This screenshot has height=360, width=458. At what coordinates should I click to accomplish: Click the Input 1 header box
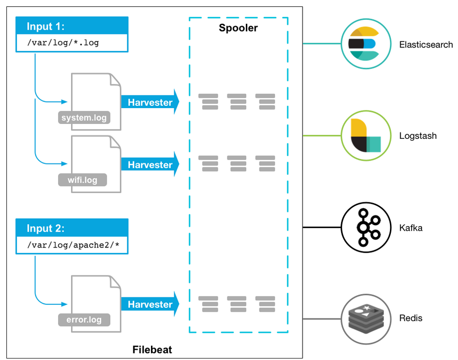tap(72, 26)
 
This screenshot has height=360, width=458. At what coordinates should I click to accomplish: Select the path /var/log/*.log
tap(63, 42)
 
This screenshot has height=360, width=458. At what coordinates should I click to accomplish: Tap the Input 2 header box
tap(72, 228)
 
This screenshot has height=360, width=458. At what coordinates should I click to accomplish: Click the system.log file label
tap(83, 118)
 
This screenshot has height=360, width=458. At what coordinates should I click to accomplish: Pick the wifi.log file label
tap(82, 180)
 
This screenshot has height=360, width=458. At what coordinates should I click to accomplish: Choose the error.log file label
tap(84, 320)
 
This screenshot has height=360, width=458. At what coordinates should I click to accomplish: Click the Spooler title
tap(238, 28)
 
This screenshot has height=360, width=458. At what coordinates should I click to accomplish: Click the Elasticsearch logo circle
tap(363, 44)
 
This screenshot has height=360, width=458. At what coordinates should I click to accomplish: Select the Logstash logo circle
tap(363, 136)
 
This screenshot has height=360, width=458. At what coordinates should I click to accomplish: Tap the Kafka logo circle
tap(363, 228)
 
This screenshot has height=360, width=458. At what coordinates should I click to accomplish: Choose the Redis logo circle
tap(363, 319)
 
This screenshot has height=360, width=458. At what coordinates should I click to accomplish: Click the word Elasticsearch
tap(426, 44)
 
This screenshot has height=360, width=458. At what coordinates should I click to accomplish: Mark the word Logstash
tap(418, 136)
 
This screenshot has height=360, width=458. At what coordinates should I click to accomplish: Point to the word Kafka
tap(411, 228)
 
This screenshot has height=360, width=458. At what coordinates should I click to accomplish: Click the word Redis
tap(411, 319)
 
